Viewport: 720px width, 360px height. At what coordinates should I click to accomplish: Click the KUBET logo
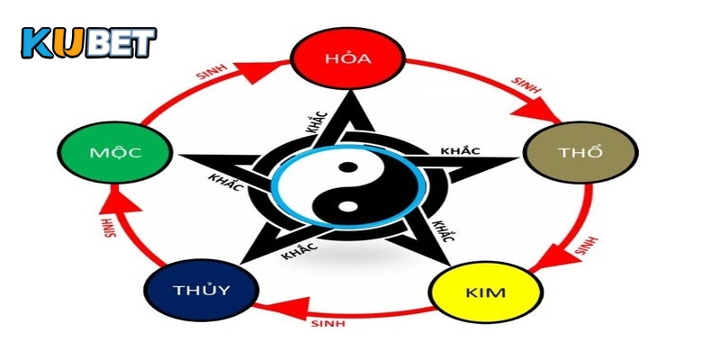tap(88, 41)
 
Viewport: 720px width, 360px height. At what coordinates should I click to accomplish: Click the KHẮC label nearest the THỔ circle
tap(461, 150)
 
